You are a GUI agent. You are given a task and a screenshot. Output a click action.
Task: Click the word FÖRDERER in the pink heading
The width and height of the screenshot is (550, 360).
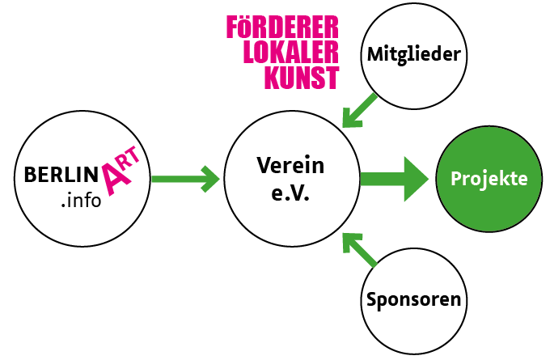(282, 27)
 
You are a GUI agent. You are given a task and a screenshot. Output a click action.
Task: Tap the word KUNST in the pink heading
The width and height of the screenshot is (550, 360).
(301, 77)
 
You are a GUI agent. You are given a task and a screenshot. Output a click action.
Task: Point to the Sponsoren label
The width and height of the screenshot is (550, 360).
(413, 299)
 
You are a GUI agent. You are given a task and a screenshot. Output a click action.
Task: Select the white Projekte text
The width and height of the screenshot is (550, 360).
(489, 178)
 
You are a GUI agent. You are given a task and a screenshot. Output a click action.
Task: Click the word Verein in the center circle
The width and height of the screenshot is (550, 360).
(290, 166)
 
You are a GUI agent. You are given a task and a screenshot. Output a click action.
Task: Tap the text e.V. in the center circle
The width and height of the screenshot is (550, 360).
(290, 195)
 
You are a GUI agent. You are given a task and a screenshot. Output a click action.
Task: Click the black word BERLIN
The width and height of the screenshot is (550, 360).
(65, 174)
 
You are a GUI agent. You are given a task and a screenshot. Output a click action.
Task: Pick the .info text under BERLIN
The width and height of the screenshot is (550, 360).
(80, 199)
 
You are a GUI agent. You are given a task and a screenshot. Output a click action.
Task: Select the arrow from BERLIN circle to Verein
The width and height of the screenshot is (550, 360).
(184, 179)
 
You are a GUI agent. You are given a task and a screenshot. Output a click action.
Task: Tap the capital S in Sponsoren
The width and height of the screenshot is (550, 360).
(372, 299)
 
